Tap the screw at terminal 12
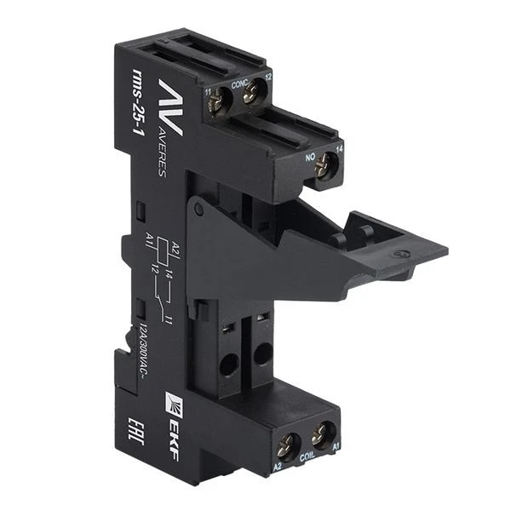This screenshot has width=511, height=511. [250, 96]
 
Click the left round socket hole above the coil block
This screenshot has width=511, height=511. [228, 364]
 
